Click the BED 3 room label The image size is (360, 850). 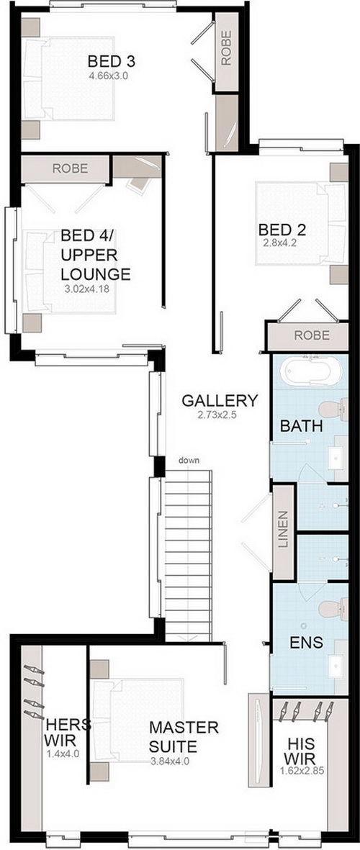pyautogui.click(x=111, y=61)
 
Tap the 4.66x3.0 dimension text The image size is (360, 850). pyautogui.click(x=109, y=76)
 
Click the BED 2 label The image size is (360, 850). pyautogui.click(x=282, y=230)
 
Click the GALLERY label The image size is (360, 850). pyautogui.click(x=220, y=401)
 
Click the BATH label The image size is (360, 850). pyautogui.click(x=302, y=426)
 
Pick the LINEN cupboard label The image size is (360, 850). pyautogui.click(x=284, y=529)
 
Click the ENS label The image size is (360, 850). pyautogui.click(x=306, y=643)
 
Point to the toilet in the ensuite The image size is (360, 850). pyautogui.click(x=333, y=608)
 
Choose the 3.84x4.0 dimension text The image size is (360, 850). pyautogui.click(x=170, y=761)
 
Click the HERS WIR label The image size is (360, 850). pyautogui.click(x=61, y=733)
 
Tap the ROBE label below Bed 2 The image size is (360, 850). pyautogui.click(x=312, y=335)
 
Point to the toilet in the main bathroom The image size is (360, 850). pyautogui.click(x=333, y=410)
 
